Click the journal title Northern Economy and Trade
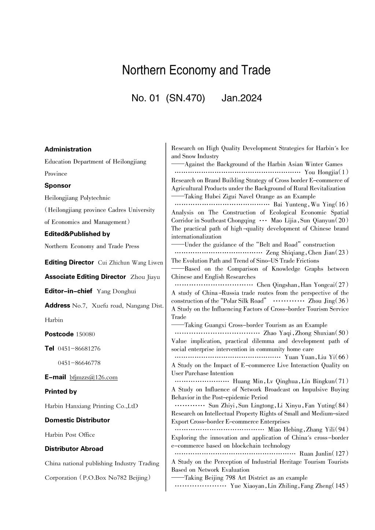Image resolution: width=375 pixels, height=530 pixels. [x=196, y=70]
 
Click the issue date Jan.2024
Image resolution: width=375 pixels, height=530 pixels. [x=242, y=98]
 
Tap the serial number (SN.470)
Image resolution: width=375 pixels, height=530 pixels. [x=185, y=98]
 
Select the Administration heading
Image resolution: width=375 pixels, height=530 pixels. [x=68, y=149]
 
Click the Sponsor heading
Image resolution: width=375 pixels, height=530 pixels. [x=58, y=186]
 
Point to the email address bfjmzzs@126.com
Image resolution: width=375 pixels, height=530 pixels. [x=93, y=377]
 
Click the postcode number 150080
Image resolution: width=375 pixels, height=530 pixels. [x=85, y=334]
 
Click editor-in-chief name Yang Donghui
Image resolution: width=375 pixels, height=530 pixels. [x=116, y=291]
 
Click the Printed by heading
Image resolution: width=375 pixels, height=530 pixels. [x=61, y=392]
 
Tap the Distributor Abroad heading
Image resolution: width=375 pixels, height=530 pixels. [x=74, y=449]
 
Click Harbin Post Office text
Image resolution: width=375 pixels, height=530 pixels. [x=70, y=435]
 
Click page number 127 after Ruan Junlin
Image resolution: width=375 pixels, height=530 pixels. [x=339, y=454]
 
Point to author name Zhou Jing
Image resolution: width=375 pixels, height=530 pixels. [x=321, y=301]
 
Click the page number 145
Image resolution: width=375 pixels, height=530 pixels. [x=340, y=486]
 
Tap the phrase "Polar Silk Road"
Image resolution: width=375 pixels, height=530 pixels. [x=243, y=301]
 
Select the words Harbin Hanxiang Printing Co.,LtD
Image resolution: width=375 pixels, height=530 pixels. [x=91, y=406]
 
